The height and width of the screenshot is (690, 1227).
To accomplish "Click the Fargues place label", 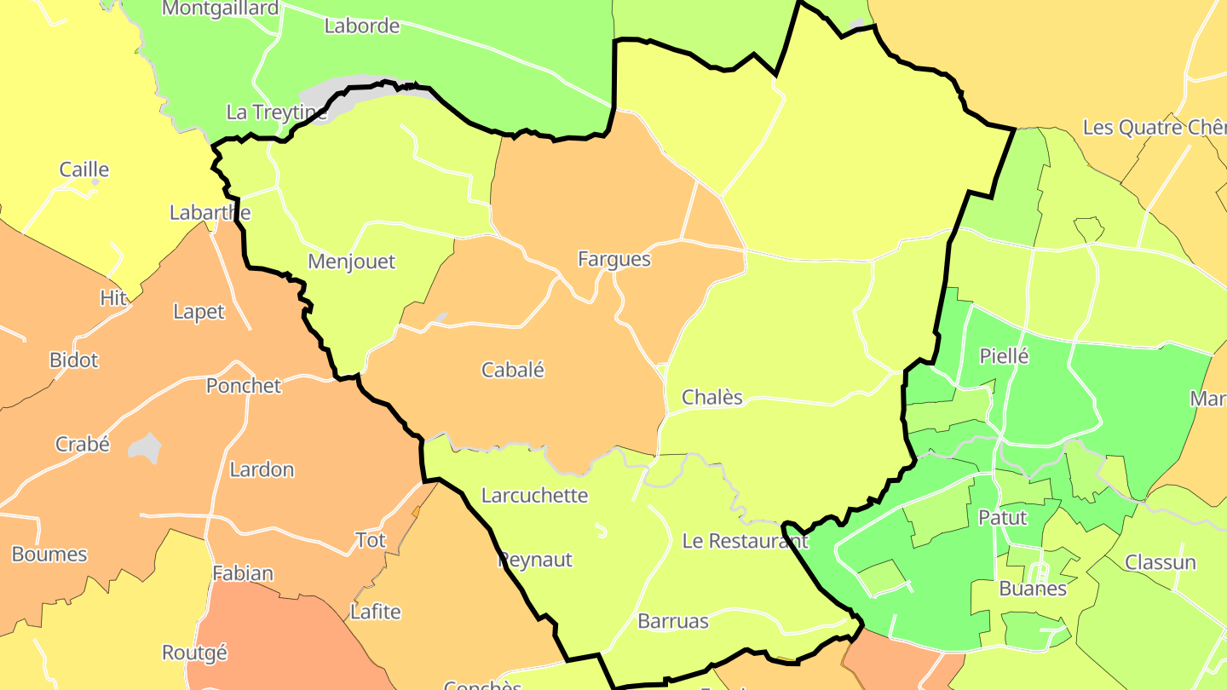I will tap(613, 259).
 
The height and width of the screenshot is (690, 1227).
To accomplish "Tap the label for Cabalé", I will tap(512, 370).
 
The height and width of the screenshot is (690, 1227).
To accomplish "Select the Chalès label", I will tap(712, 397).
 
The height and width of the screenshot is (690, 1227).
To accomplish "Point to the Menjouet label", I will tap(351, 261).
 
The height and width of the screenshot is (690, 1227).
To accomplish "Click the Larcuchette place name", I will tap(534, 495).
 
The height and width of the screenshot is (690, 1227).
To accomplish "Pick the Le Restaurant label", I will tap(745, 540).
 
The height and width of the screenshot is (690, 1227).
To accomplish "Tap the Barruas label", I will tap(673, 621).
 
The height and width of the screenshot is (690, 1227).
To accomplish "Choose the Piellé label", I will tap(1004, 356).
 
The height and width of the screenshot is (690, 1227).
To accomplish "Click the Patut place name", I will tap(1002, 517).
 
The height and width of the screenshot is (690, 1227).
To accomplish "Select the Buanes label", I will tap(1032, 589).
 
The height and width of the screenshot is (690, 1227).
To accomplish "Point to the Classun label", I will tap(1160, 562).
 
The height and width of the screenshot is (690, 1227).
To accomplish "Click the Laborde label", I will tap(361, 26).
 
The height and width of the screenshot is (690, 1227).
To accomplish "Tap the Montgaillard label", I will tap(220, 9).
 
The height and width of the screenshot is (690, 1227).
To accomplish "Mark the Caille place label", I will tap(84, 169).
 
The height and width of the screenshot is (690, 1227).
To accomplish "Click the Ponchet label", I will tap(243, 385).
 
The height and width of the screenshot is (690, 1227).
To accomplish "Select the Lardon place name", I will tap(262, 469).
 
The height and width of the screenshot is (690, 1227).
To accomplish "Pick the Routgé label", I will tap(194, 653).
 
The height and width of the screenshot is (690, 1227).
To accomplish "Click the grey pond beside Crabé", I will tap(146, 446).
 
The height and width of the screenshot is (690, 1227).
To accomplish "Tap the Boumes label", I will tap(49, 554).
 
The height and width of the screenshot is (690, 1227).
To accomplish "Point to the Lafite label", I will tap(375, 612).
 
